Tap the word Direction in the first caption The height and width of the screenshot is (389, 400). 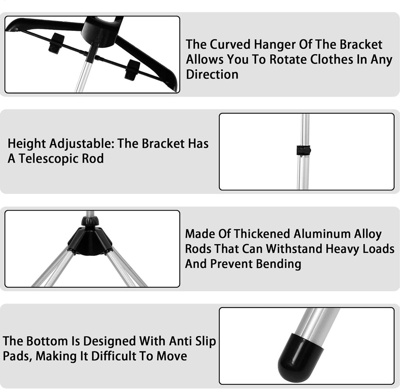[212, 74]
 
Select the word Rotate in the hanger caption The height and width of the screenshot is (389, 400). [288, 59]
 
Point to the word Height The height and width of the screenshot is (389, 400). [27, 144]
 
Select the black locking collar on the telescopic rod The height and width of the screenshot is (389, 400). [303, 151]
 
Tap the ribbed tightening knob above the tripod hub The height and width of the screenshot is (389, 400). [90, 221]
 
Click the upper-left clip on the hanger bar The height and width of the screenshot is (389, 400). [56, 43]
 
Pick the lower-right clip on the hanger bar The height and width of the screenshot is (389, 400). [132, 70]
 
